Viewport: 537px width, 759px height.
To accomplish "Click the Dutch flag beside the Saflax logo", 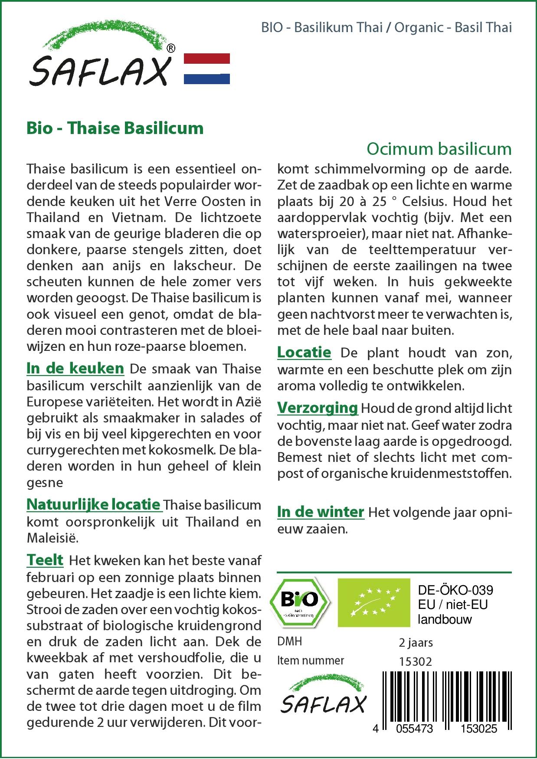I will [x=206, y=69].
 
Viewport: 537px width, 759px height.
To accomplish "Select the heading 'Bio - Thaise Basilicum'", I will [x=115, y=128].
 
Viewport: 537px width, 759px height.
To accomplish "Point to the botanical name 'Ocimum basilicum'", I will [x=439, y=149].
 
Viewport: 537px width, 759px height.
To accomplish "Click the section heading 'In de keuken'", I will [x=75, y=368].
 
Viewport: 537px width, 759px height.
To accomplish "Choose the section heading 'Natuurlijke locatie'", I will [x=94, y=504].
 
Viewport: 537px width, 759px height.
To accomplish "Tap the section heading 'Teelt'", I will [x=45, y=560].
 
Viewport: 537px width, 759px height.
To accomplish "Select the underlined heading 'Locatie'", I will [x=304, y=352].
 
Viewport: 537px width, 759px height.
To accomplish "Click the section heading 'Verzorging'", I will [x=318, y=408].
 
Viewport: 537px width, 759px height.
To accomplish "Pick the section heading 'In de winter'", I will [x=321, y=512].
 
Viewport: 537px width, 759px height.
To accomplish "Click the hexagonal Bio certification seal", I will [x=299, y=602].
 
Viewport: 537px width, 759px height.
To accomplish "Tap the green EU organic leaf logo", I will [x=373, y=602].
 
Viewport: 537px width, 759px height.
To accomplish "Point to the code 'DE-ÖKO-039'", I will [x=455, y=590].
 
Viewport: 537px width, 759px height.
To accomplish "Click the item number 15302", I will [x=415, y=661].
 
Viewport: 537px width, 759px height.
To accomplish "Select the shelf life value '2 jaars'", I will [x=416, y=642].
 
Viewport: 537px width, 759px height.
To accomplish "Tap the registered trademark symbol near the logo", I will [x=171, y=48].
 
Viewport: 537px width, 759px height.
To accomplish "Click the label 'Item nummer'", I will [x=311, y=661].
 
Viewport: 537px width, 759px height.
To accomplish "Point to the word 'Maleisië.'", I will [x=52, y=538].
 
